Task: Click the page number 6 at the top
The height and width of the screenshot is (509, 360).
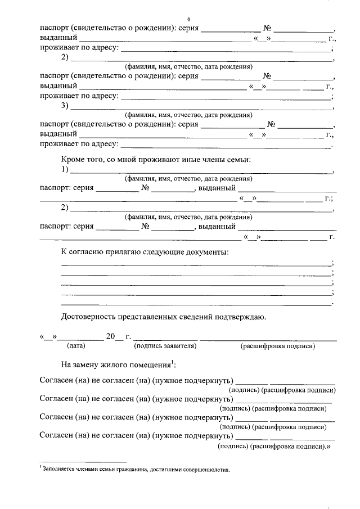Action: (190, 19)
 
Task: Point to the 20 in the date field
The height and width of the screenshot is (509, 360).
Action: (111, 337)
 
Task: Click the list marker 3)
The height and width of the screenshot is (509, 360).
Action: (65, 106)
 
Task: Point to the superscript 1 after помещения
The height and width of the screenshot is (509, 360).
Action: (173, 361)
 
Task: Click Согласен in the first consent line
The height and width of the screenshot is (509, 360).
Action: (56, 380)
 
